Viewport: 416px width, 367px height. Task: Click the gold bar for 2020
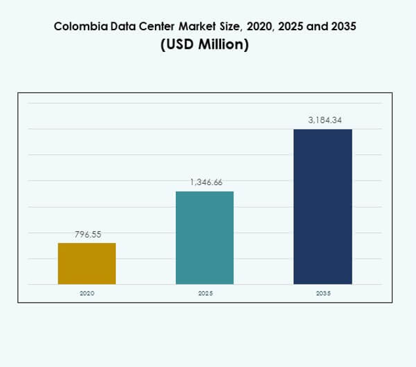click(x=87, y=263)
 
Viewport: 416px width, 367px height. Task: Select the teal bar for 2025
click(x=205, y=238)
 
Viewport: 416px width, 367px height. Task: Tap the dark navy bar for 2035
click(x=322, y=207)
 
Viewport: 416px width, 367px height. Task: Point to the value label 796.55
click(x=87, y=234)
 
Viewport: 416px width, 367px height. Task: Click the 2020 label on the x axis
click(x=87, y=293)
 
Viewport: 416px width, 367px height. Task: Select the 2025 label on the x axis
click(x=205, y=293)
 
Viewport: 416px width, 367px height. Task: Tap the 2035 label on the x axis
click(x=323, y=293)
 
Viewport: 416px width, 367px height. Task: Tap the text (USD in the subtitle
click(x=178, y=45)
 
